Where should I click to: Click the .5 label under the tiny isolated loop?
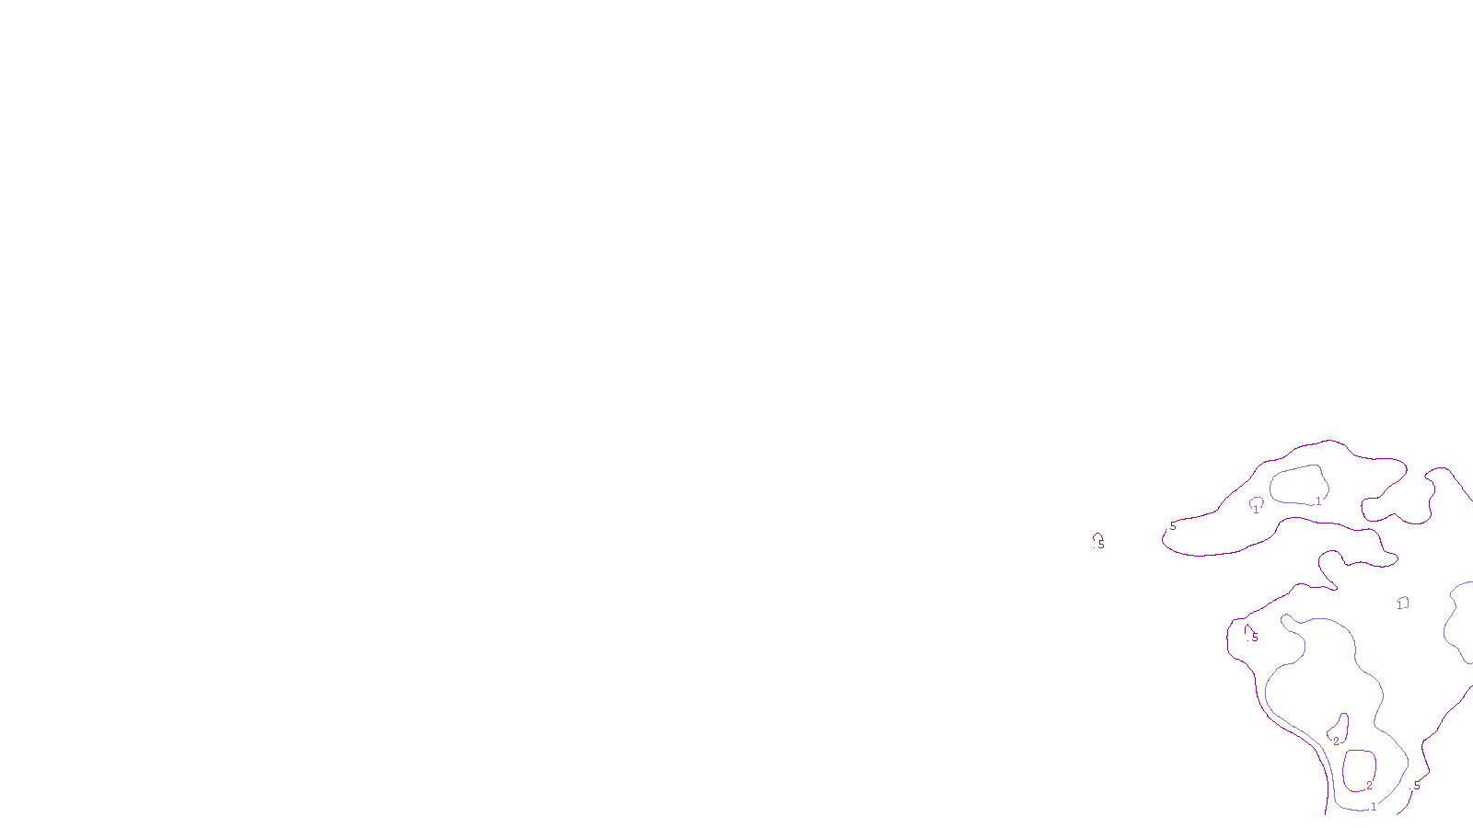(x=1101, y=545)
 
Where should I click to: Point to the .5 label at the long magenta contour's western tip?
(x=1172, y=526)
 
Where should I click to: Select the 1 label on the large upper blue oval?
(x=1318, y=501)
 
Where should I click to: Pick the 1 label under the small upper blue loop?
(x=1255, y=509)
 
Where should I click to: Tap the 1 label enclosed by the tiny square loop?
(x=1400, y=605)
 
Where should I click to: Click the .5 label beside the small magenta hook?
(x=1255, y=638)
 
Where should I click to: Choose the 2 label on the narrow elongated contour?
(x=1337, y=742)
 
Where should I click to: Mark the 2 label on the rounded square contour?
(x=1369, y=786)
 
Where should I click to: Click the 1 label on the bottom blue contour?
(x=1374, y=807)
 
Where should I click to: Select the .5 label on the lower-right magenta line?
(x=1416, y=786)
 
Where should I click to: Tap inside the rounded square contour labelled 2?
(x=1359, y=768)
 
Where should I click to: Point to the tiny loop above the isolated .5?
(x=1096, y=535)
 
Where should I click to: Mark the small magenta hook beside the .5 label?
(x=1247, y=629)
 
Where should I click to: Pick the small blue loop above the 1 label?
(x=1256, y=500)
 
